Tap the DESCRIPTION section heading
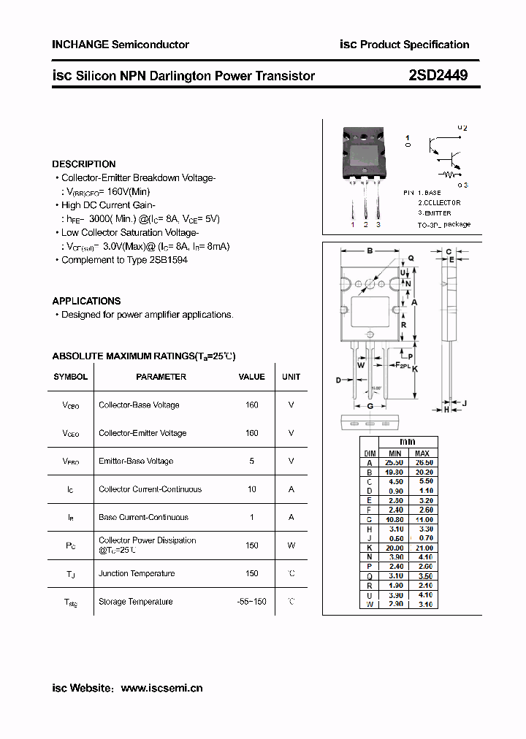tap(84, 164)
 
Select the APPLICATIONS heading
tap(86, 301)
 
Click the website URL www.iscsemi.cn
tap(161, 688)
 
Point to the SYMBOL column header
tap(71, 377)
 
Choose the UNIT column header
tap(291, 377)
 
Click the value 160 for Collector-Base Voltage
tap(252, 405)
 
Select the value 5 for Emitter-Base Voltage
tap(252, 461)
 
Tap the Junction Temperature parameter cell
tap(137, 573)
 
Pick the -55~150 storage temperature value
tap(251, 602)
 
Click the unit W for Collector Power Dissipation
tap(291, 545)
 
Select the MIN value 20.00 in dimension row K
tap(394, 548)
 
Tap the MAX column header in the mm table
tap(423, 453)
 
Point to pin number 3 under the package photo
tap(378, 224)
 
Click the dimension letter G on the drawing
tap(370, 405)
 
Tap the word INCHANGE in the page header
tap(80, 45)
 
